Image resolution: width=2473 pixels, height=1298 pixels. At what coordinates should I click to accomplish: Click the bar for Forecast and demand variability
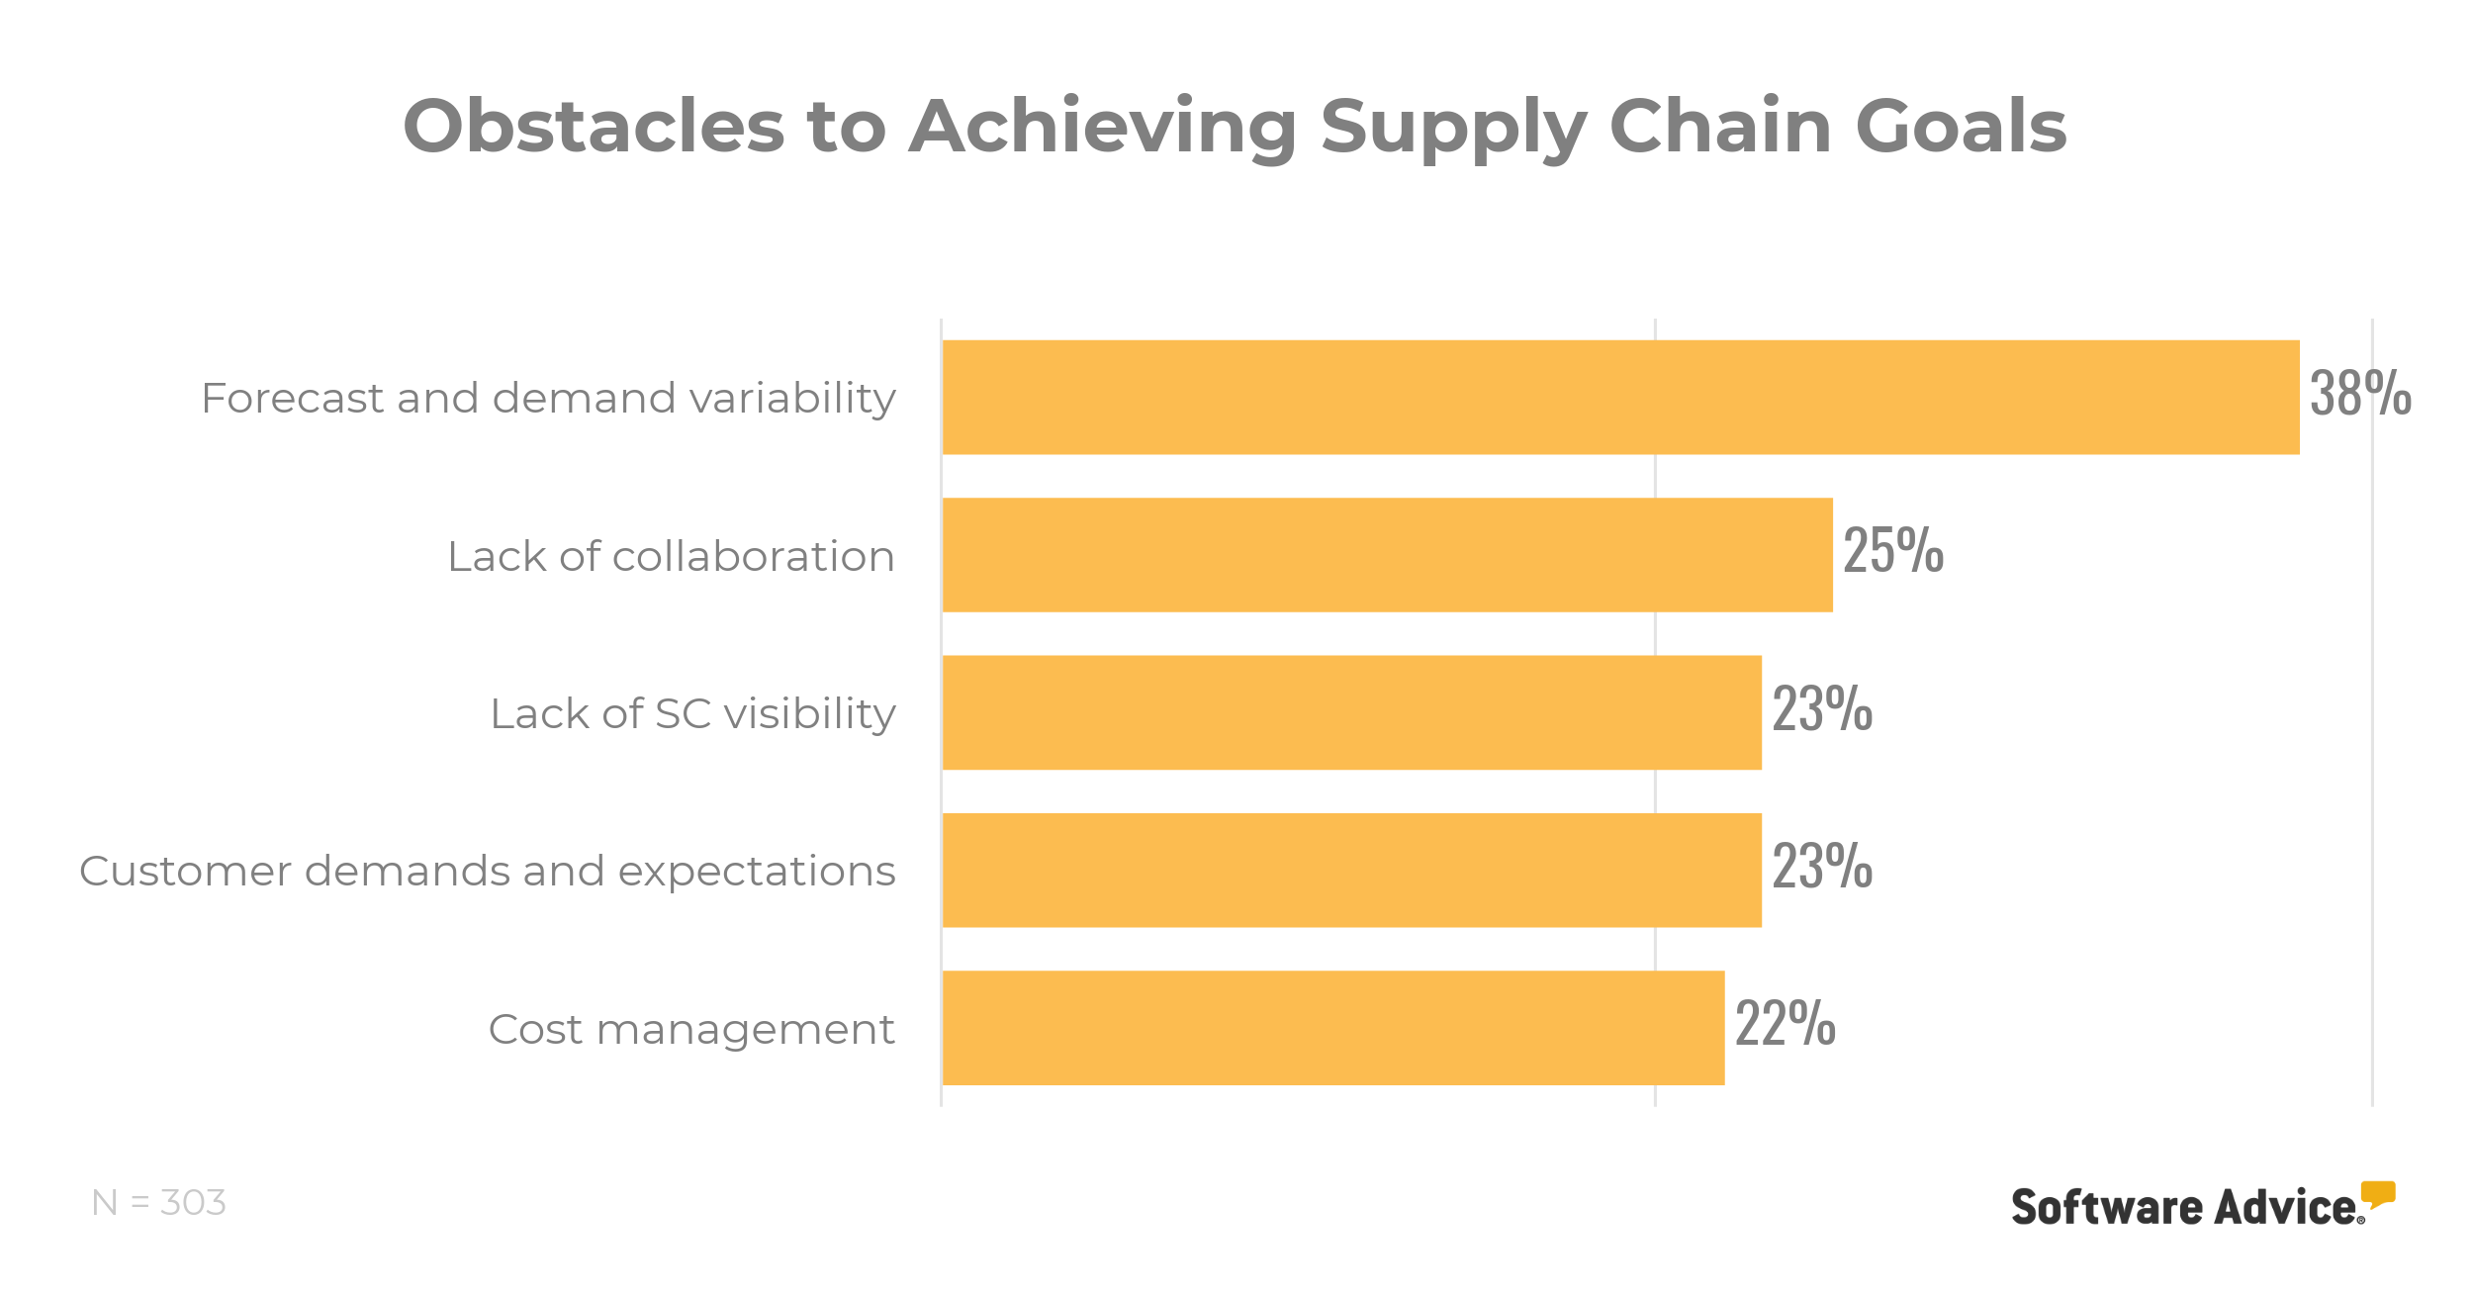[1620, 397]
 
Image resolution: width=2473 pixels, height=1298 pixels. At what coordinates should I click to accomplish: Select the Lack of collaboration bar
[1387, 555]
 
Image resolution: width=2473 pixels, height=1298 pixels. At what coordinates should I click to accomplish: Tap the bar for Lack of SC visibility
[1351, 712]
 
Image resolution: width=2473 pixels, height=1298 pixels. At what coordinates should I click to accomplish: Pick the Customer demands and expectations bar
[1351, 870]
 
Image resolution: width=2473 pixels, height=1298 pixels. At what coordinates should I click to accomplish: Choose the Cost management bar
[1332, 1028]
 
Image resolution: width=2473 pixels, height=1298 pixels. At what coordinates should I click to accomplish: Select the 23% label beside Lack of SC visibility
[1822, 708]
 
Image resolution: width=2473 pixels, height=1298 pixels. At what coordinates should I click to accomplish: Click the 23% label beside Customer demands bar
[1822, 866]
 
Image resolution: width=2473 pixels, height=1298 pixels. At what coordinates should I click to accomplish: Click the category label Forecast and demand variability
[548, 399]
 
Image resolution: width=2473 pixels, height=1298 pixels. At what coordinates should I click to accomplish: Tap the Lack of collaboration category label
[671, 556]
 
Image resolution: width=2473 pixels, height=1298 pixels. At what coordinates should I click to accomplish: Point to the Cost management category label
[691, 1029]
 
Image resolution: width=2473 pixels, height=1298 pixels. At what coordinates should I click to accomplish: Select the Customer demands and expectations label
[487, 872]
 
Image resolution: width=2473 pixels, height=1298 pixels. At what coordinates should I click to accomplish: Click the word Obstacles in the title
[594, 127]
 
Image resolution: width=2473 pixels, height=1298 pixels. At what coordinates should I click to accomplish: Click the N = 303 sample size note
[158, 1202]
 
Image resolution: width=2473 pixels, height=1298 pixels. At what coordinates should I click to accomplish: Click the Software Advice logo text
[2185, 1208]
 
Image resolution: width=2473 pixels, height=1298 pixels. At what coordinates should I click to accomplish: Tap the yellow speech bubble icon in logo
[2378, 1193]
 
